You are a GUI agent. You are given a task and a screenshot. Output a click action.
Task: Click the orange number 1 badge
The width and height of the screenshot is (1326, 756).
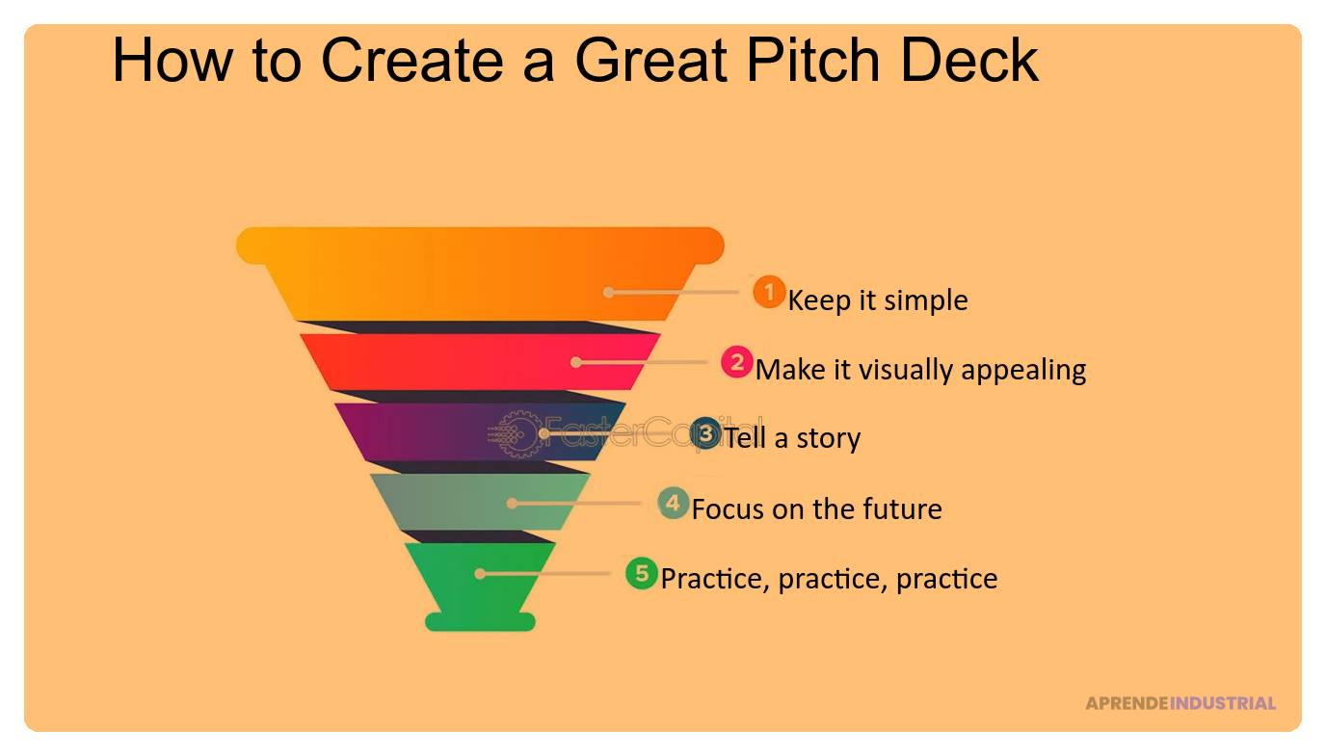769,292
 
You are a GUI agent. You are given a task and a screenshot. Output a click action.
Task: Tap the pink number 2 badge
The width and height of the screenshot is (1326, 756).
737,361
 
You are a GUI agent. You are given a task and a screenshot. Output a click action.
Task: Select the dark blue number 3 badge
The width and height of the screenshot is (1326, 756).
705,434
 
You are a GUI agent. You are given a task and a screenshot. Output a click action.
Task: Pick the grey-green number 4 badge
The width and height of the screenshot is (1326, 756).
673,504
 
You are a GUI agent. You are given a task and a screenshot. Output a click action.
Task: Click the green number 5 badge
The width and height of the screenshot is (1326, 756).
642,573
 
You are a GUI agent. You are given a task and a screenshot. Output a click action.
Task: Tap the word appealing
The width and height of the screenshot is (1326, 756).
1023,371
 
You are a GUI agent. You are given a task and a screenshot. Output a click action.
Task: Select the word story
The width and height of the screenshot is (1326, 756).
828,439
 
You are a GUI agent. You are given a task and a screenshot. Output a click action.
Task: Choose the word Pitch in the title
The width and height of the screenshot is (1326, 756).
812,61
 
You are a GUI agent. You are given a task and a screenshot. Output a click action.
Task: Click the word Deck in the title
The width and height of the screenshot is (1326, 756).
969,61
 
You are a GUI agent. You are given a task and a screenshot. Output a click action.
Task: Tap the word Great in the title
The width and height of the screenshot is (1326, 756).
650,61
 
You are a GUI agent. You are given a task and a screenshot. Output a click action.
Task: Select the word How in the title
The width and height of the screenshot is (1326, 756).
172,61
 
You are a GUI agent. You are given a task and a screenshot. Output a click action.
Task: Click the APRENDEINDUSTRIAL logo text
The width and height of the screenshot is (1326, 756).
1180,703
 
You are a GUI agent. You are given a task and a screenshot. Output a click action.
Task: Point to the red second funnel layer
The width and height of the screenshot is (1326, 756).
480,361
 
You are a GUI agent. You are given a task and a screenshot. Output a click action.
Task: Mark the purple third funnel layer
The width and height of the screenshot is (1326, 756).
480,431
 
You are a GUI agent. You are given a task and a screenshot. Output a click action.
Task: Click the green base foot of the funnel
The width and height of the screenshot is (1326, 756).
480,622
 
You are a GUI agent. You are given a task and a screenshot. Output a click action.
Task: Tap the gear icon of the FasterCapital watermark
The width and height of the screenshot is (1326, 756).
517,434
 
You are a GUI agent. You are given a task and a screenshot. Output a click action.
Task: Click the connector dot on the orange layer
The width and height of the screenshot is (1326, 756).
608,292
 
